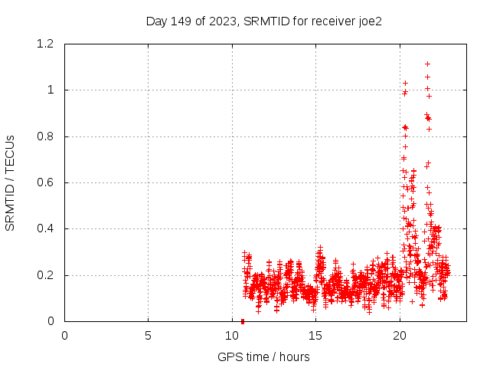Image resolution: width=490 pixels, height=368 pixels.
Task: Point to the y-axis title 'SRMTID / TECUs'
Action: pyautogui.click(x=10, y=182)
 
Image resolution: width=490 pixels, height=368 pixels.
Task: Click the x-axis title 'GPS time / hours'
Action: pyautogui.click(x=263, y=356)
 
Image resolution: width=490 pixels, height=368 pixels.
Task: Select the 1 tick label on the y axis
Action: pyautogui.click(x=51, y=90)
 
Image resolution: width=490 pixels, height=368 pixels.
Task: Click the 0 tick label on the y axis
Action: pyautogui.click(x=51, y=321)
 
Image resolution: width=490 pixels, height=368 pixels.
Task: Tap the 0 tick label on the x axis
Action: pyautogui.click(x=64, y=335)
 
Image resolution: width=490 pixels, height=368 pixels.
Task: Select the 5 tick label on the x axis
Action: pyautogui.click(x=148, y=335)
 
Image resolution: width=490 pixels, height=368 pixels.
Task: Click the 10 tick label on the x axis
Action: pyautogui.click(x=232, y=335)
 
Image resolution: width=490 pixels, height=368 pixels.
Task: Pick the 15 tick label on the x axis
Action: pyautogui.click(x=315, y=335)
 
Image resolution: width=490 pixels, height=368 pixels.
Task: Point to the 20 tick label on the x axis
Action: pyautogui.click(x=400, y=335)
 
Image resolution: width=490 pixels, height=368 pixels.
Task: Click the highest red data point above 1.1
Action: pyautogui.click(x=427, y=64)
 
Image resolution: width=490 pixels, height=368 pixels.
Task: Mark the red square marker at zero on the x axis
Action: pyautogui.click(x=243, y=321)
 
